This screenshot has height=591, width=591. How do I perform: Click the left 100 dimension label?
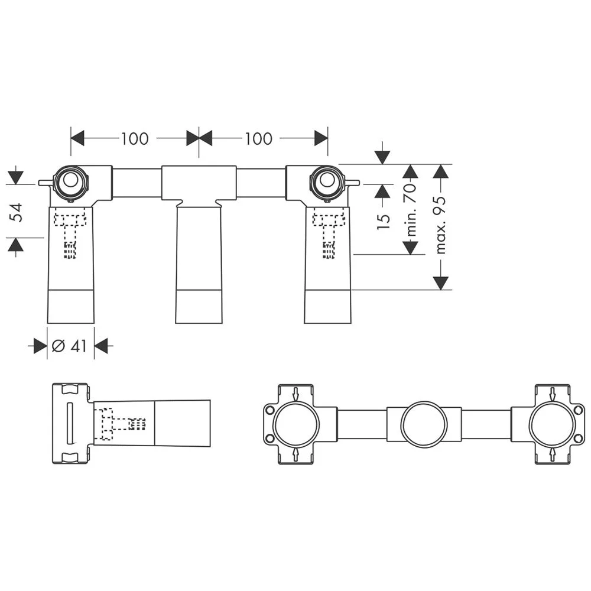pos(135,138)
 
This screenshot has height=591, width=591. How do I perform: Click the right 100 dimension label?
pos(258,138)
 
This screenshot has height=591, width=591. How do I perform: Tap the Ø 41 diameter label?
pos(70,346)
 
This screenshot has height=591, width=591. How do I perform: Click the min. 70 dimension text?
pos(411,210)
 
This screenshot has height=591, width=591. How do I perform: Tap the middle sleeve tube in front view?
pos(199,263)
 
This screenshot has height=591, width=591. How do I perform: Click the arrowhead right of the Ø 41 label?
pos(102,346)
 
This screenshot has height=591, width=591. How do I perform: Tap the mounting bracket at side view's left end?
pos(70,423)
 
